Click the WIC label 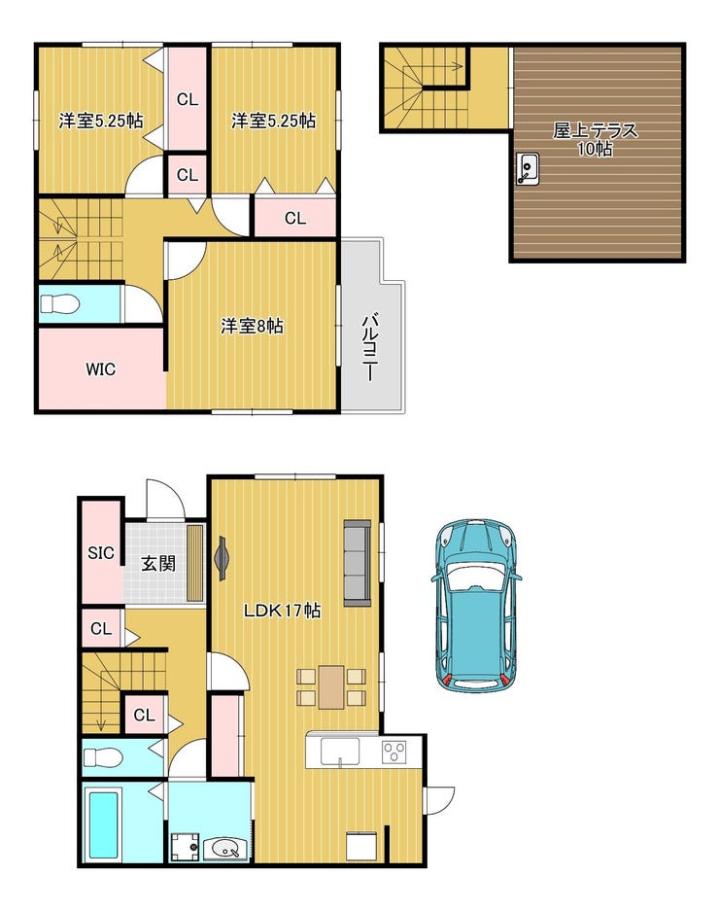pos(100,369)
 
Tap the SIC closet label pos(101,552)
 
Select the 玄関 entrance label pos(158,563)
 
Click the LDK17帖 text pos(282,611)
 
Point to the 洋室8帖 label pos(252,326)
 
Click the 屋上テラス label pos(595,130)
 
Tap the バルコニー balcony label pos(370,347)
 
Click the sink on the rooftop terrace pos(527,168)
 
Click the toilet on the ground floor pos(102,757)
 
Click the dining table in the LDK pos(331,687)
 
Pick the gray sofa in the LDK pos(358,563)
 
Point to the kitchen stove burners pos(394,752)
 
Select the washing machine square pos(185,848)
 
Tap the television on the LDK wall pos(223,558)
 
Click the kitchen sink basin pos(340,752)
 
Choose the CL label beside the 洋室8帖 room pos(295,218)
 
